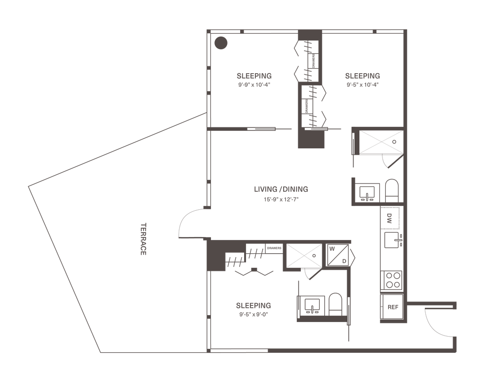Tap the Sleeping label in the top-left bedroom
coord(254,76)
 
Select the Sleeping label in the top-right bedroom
coord(362,76)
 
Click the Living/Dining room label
coord(281,189)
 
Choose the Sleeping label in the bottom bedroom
coord(253,305)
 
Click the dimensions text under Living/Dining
coord(281,199)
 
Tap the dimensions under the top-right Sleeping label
coord(362,84)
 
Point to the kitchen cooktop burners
coord(391,280)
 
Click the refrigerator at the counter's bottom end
coord(392,307)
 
